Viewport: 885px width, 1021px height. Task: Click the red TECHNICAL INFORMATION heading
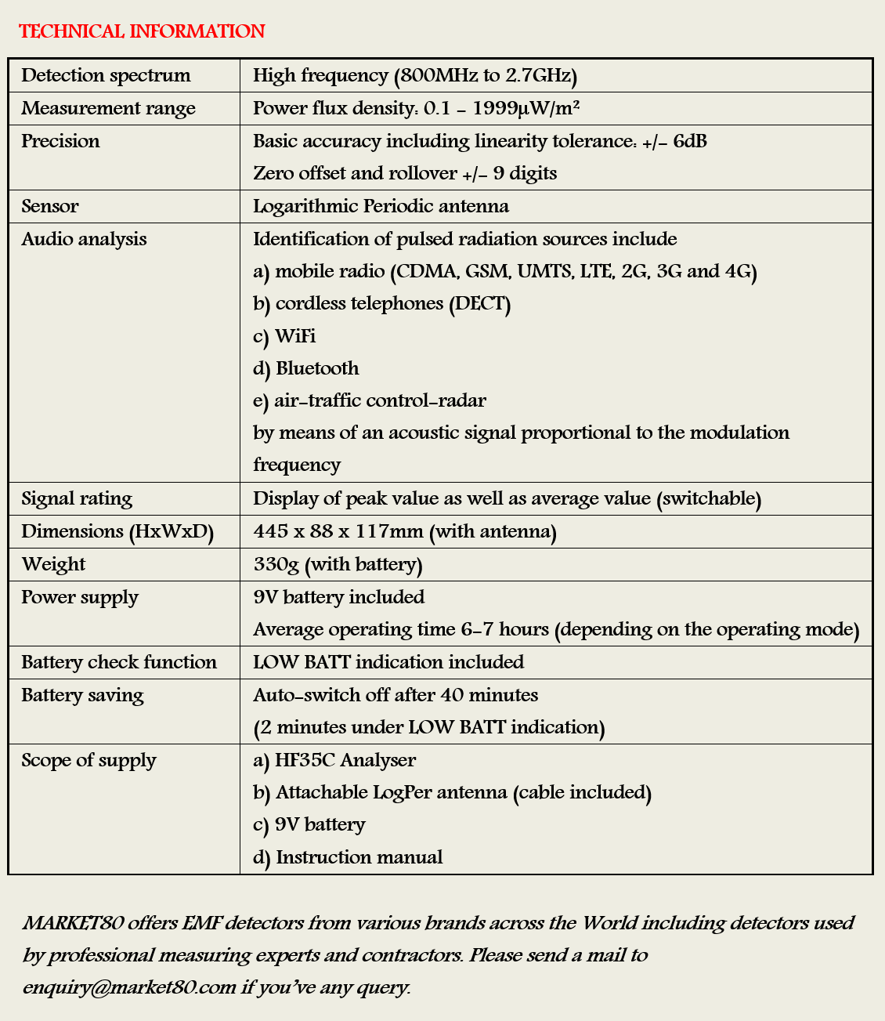pyautogui.click(x=142, y=31)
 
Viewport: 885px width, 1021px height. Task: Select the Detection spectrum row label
pyautogui.click(x=106, y=75)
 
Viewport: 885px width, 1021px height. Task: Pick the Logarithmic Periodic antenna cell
pyautogui.click(x=381, y=206)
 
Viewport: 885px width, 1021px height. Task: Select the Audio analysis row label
pyautogui.click(x=84, y=239)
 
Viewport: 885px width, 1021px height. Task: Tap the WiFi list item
pyautogui.click(x=294, y=336)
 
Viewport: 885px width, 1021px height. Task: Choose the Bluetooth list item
pyautogui.click(x=316, y=368)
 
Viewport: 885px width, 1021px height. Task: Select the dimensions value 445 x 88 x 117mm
pyautogui.click(x=338, y=531)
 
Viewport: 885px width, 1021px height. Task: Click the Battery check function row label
pyautogui.click(x=119, y=662)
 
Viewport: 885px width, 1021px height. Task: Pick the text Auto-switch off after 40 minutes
pyautogui.click(x=396, y=695)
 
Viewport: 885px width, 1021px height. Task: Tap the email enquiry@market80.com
pyautogui.click(x=129, y=987)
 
